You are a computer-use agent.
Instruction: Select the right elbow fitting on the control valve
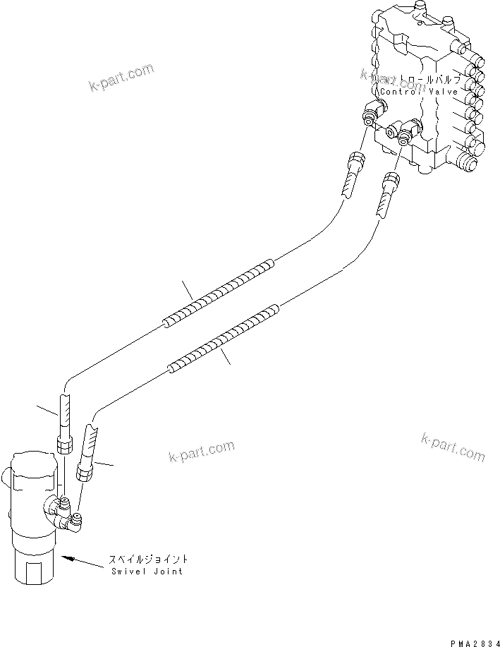[407, 132]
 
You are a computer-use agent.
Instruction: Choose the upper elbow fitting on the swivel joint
[58, 504]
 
